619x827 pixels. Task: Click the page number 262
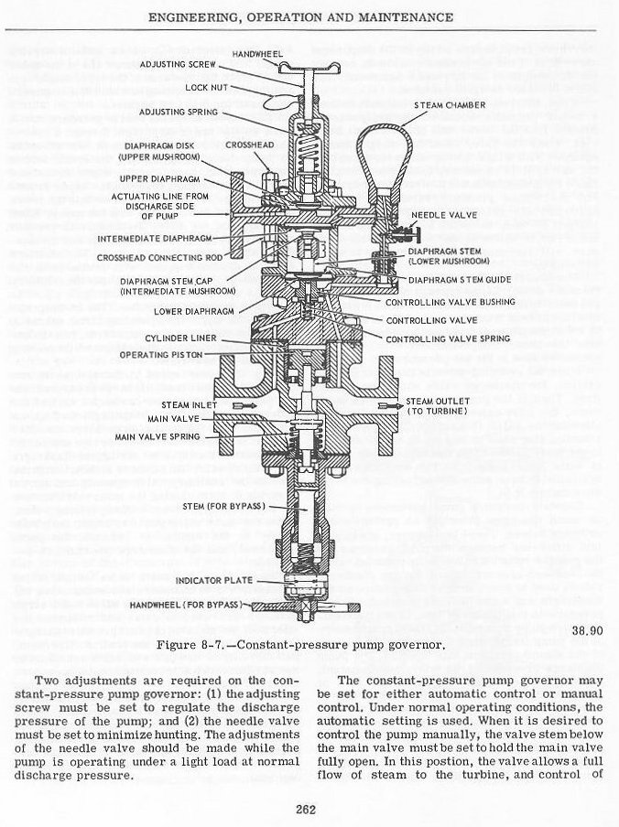[x=307, y=808]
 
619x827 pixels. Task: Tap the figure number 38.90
[x=586, y=630]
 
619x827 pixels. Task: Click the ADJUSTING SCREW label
[x=176, y=64]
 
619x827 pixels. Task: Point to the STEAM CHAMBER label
[x=449, y=106]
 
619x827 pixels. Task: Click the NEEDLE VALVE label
[x=440, y=214]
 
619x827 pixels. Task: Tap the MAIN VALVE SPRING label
[x=172, y=436]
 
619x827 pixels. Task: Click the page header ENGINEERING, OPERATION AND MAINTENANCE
[x=309, y=16]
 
